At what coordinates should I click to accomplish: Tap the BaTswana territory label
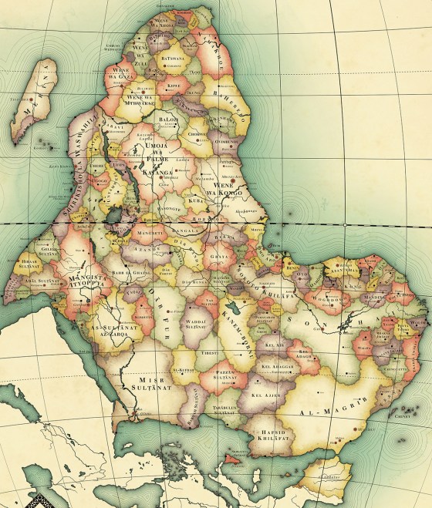(172, 57)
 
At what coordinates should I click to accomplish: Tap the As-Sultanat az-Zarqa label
(107, 334)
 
